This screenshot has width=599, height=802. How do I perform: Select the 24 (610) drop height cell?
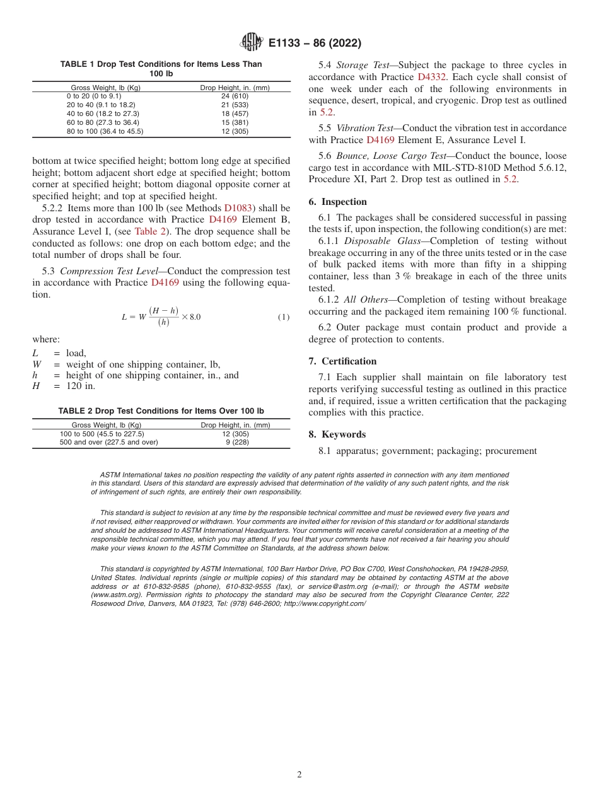pos(235,96)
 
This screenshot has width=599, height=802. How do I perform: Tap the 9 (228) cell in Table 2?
pos(235,443)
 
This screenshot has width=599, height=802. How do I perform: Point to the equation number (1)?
pos(284,317)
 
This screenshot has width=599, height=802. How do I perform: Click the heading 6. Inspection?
pos(337,202)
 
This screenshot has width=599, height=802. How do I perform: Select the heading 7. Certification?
pos(342,361)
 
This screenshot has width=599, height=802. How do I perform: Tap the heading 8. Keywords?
pos(337,434)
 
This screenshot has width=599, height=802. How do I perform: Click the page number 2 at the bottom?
pos(299,775)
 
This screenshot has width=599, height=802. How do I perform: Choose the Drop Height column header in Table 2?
pos(235,425)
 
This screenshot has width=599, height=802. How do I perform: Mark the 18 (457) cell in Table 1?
pos(235,113)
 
